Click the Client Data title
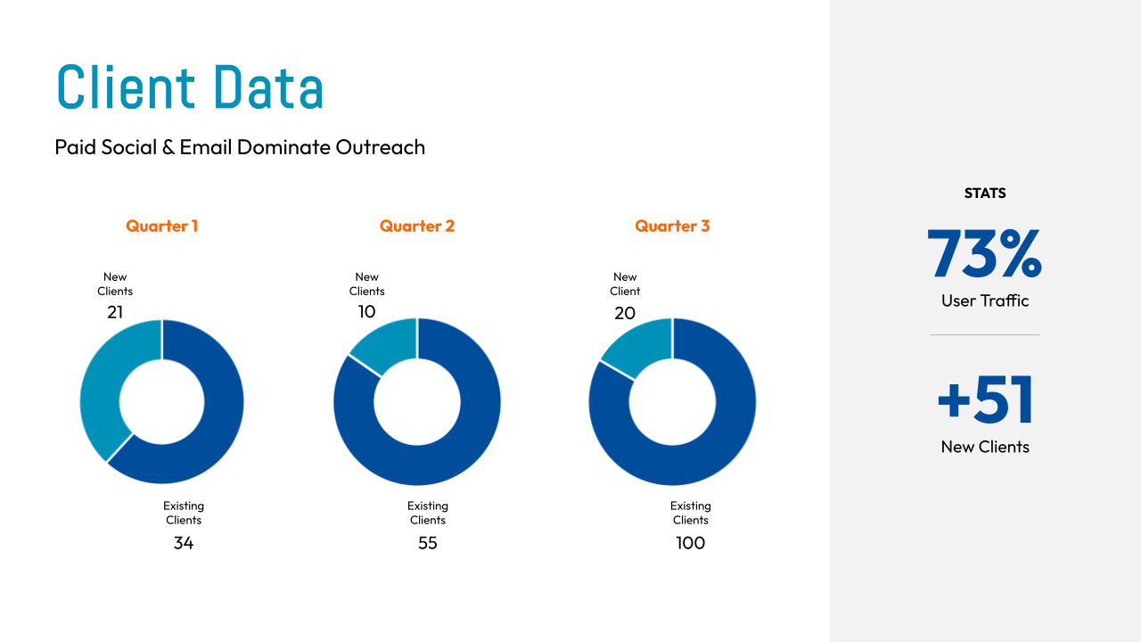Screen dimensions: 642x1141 190,87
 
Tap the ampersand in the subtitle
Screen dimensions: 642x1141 168,147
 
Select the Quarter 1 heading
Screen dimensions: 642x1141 161,226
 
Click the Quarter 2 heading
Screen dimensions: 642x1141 417,226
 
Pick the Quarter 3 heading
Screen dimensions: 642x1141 672,226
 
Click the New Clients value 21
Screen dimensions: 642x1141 115,312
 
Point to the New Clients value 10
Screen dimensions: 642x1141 366,312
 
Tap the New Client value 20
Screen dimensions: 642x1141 624,313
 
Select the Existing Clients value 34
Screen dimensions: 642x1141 184,543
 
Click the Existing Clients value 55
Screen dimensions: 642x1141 428,543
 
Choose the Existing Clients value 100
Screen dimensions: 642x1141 691,543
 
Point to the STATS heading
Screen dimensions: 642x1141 985,193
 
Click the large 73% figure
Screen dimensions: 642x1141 984,254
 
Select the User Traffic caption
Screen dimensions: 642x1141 985,301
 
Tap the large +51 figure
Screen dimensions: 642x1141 985,400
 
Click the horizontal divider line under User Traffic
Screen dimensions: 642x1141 985,335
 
